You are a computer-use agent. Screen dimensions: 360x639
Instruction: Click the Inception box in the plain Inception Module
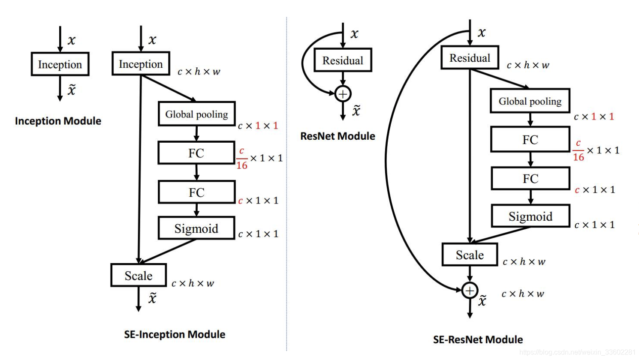(x=60, y=64)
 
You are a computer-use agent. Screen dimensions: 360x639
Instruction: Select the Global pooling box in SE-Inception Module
(x=196, y=114)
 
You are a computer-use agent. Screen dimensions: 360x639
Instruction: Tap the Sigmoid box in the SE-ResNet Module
(x=530, y=216)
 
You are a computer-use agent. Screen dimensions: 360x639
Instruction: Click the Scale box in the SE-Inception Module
(x=138, y=276)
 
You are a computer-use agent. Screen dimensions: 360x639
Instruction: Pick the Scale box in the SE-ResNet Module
(x=470, y=255)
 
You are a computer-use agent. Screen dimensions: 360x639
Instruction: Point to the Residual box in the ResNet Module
(x=343, y=60)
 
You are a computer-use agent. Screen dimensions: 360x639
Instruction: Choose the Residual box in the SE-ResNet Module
(x=470, y=58)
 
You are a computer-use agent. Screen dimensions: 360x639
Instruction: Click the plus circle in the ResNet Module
(x=343, y=93)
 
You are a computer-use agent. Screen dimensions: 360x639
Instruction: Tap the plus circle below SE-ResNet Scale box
(x=470, y=291)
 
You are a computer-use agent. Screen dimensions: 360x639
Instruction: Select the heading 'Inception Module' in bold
(x=58, y=121)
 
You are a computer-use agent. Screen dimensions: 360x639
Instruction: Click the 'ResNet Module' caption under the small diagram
(x=338, y=136)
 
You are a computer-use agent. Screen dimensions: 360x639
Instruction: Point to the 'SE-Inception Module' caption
(x=175, y=334)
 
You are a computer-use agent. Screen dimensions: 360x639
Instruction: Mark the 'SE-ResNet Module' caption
(x=478, y=340)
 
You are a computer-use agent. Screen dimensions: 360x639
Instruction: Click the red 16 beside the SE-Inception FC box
(x=242, y=165)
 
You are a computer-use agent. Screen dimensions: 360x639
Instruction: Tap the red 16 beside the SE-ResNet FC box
(x=579, y=157)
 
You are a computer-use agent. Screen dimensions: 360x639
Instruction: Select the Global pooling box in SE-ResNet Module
(x=530, y=101)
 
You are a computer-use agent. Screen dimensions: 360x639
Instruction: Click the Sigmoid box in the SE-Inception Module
(x=196, y=228)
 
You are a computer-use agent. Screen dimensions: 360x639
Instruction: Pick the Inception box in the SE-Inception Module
(x=141, y=64)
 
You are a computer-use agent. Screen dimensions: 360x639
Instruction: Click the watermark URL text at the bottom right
(x=577, y=352)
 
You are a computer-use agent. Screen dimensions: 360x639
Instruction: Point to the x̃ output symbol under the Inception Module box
(x=71, y=90)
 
